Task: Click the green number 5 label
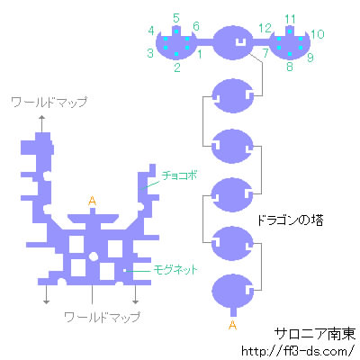[176, 19]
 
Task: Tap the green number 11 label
[290, 19]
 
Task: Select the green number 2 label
[177, 67]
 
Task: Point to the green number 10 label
[318, 34]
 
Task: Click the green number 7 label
[265, 53]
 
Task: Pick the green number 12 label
[265, 29]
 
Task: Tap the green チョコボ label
[179, 175]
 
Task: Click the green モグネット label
[175, 269]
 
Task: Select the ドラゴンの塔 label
[291, 220]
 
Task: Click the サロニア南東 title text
[315, 334]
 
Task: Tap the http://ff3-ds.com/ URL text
[298, 351]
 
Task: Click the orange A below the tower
[232, 325]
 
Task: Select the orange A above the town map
[92, 201]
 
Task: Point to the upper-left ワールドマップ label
[49, 103]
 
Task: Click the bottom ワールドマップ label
[103, 317]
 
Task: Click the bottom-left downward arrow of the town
[46, 294]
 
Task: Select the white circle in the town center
[93, 256]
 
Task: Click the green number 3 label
[150, 53]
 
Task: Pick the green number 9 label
[310, 58]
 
